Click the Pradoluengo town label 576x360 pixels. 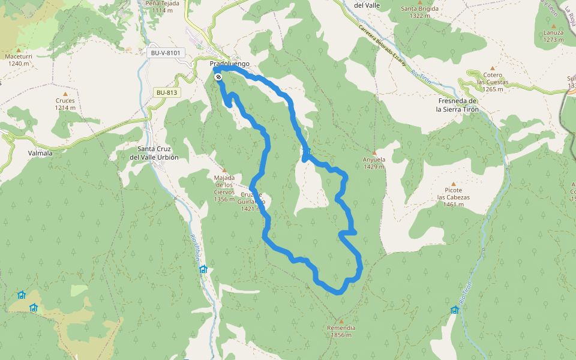pos(229,64)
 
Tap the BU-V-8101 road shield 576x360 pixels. pos(165,53)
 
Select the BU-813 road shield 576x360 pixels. pos(167,92)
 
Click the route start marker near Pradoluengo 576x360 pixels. pos(218,77)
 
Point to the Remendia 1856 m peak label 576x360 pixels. pos(341,331)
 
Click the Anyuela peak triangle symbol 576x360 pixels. pos(374,152)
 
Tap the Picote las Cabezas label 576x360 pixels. pos(453,197)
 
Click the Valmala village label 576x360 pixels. pos(40,153)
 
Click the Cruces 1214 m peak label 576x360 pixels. pos(65,104)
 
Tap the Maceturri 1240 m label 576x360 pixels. pos(18,59)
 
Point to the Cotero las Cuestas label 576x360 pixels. pos(493,82)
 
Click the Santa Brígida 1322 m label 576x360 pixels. pos(419,12)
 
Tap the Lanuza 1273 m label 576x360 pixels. pos(553,36)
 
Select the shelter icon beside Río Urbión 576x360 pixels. pos(203,269)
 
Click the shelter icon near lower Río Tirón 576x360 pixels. pos(455,310)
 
